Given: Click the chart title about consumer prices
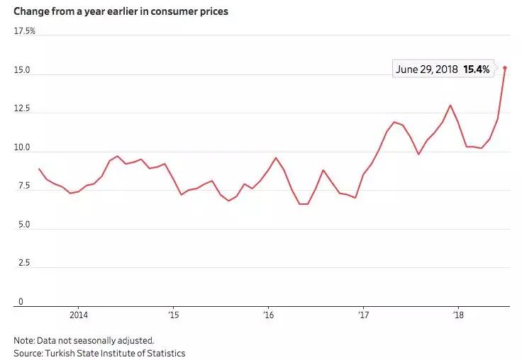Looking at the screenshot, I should coord(121,12).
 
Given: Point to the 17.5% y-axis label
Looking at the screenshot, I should coord(25,31).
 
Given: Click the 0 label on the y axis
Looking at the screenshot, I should coord(21,301).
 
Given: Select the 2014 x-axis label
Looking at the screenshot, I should coord(79,315).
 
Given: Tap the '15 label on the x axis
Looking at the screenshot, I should coord(172,315).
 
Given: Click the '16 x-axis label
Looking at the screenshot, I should coord(268,315).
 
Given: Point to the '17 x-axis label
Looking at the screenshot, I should coord(363,315).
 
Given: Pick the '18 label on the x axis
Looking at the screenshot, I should coord(459,315).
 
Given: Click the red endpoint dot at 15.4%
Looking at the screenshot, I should coord(504,68).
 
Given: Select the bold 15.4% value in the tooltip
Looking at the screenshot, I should coord(477,70).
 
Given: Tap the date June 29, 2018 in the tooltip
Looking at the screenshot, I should coord(427,70).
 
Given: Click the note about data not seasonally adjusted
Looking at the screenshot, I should coord(84,339).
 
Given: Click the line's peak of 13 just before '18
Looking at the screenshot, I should coord(450,105).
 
